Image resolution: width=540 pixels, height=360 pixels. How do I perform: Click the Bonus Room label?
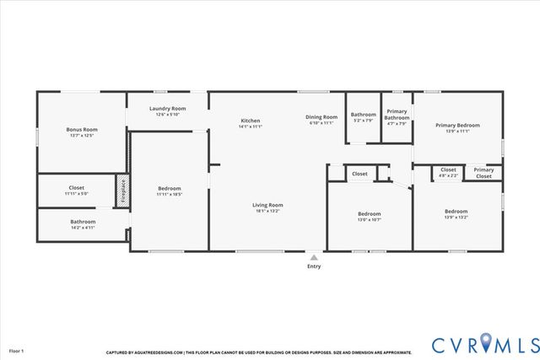click(x=82, y=130)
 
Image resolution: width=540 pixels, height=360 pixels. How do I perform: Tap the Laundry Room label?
click(x=167, y=109)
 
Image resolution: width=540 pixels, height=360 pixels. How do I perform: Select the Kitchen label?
click(x=251, y=121)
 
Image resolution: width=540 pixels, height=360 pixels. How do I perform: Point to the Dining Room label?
click(x=321, y=117)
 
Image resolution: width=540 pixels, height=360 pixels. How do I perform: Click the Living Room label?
click(x=267, y=205)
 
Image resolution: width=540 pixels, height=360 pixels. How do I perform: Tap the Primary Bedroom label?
click(x=456, y=126)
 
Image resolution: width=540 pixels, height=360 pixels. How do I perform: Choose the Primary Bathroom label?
click(x=397, y=115)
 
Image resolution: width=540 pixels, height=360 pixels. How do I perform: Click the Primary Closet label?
click(x=483, y=173)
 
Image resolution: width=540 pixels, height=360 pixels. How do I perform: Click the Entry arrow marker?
click(x=314, y=258)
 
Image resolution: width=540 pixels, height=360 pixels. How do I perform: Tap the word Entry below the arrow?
click(x=314, y=267)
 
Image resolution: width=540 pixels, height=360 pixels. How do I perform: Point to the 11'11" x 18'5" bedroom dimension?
click(x=170, y=195)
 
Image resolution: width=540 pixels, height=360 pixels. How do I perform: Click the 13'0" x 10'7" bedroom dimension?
click(x=369, y=220)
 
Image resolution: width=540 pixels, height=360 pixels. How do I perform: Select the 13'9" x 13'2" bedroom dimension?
click(x=456, y=217)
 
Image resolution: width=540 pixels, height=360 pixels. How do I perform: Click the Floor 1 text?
click(x=17, y=350)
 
